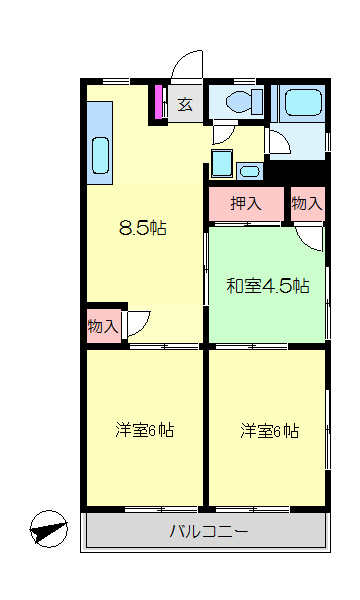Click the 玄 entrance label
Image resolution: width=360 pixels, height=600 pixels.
click(185, 102)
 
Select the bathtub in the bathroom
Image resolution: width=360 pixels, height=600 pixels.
click(299, 102)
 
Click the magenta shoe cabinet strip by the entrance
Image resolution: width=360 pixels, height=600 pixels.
click(158, 103)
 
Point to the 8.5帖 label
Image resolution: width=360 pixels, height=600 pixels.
click(142, 227)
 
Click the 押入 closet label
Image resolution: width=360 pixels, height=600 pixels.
click(246, 204)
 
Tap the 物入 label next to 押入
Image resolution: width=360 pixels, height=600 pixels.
click(307, 204)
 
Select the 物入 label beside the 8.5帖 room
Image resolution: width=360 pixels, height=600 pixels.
click(103, 326)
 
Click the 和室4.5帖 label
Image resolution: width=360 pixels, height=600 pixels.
click(267, 286)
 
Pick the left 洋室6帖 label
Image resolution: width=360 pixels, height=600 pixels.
click(145, 431)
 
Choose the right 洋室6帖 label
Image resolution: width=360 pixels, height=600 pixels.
click(269, 431)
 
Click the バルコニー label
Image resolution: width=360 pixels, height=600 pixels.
click(207, 530)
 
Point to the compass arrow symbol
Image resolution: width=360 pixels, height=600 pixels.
click(48, 527)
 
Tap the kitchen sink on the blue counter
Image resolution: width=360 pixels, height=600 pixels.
click(101, 154)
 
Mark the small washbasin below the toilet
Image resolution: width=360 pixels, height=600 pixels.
click(221, 162)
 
